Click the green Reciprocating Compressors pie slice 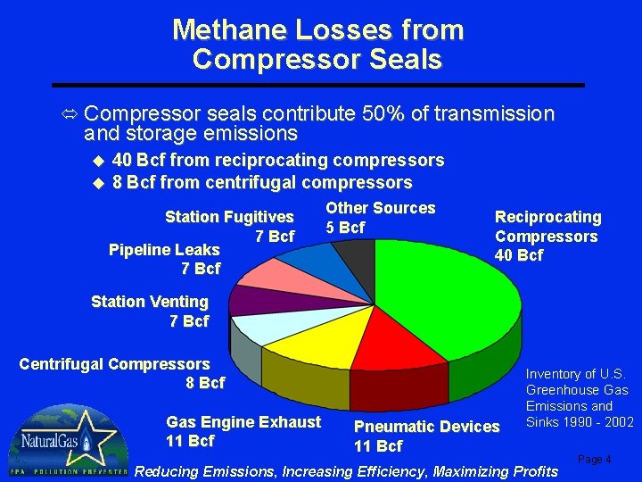point(446,303)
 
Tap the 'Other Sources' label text point(380,208)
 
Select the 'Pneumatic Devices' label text point(426,427)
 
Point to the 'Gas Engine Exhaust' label point(243,422)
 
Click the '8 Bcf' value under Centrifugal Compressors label point(205,383)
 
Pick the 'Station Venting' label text point(150,302)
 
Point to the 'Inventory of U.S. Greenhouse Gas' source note point(578,382)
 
